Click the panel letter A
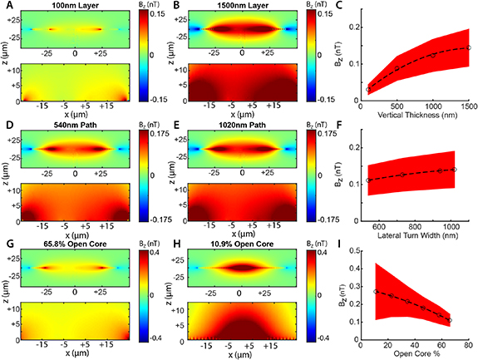[6, 7]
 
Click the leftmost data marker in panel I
[376, 292]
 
